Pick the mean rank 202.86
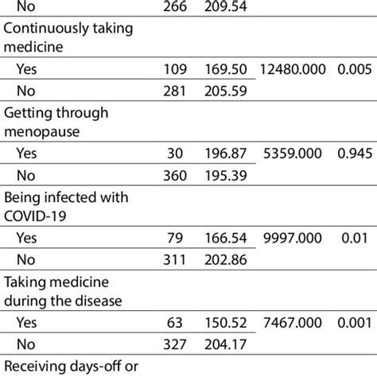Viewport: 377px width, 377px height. tap(225, 292)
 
